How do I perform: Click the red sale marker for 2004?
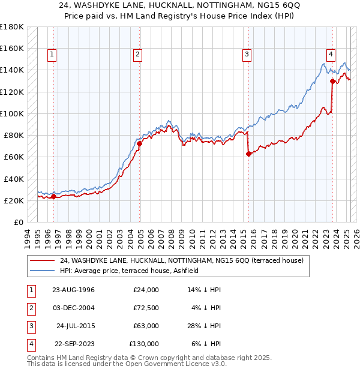139,143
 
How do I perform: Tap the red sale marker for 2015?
248,154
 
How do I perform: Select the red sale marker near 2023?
332,81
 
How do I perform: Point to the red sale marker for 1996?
53,196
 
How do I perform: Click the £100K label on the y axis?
12,113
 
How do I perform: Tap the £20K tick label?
14,200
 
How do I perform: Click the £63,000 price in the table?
145,326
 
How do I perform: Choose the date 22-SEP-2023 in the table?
74,344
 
